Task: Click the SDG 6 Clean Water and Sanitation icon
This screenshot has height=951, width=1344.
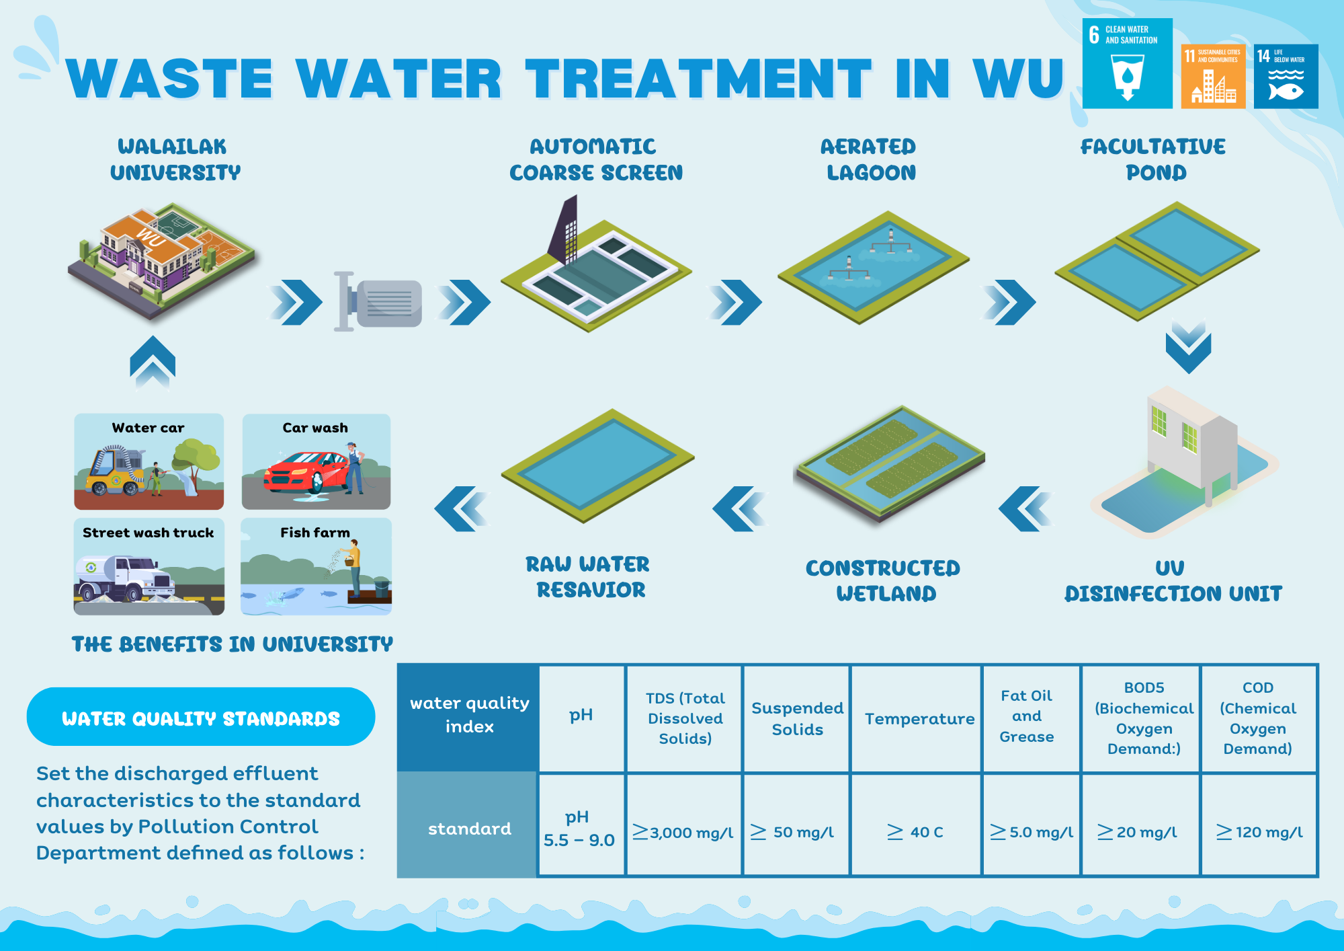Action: (1127, 63)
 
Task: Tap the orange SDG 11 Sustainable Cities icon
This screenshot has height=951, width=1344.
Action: (1213, 76)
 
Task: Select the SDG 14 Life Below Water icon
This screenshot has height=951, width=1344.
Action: (1286, 76)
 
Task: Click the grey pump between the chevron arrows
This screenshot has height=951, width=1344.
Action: (379, 302)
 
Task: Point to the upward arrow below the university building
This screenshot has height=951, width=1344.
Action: (153, 362)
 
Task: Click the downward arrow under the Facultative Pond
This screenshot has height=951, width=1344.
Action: (1188, 346)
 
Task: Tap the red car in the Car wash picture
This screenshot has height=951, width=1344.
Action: (306, 472)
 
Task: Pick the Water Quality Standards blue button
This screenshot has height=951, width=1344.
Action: (201, 717)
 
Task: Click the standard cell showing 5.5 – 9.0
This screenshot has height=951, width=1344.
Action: (579, 829)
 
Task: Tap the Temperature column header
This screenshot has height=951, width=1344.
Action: (919, 718)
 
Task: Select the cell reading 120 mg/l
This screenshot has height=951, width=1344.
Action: (1259, 832)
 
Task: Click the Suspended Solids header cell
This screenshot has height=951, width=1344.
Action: (797, 718)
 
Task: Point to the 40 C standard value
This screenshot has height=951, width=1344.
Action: (915, 832)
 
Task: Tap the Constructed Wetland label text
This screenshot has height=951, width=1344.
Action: (884, 580)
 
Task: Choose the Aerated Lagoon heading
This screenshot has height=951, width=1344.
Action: (870, 159)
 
